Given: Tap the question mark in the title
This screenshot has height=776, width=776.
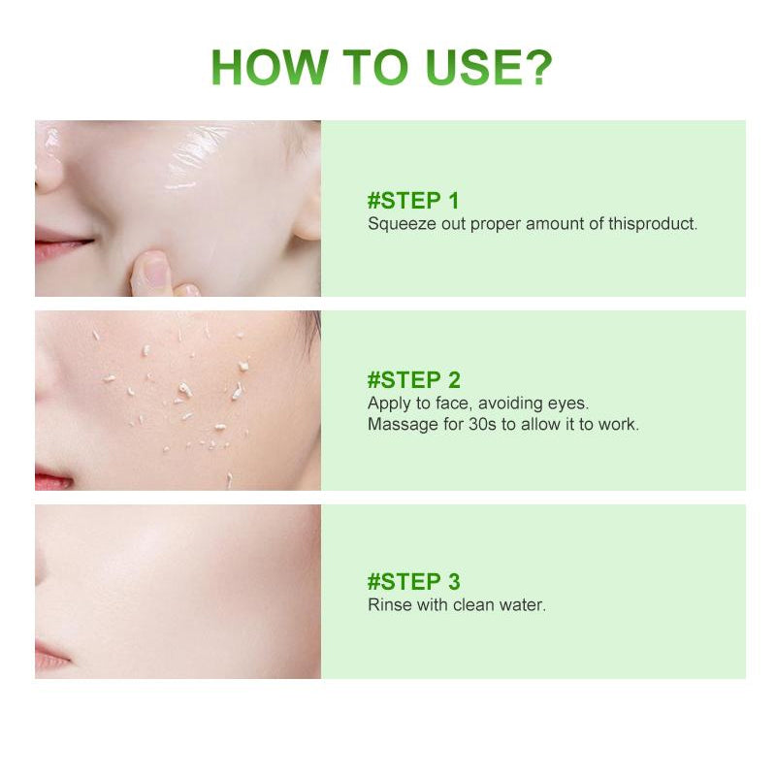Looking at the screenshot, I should [534, 68].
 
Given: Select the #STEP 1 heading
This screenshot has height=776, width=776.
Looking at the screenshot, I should [413, 201].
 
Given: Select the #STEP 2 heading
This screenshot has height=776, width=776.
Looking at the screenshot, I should [414, 379].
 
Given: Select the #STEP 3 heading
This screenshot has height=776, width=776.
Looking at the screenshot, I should [414, 582].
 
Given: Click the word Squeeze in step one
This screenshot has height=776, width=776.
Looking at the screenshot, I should [397, 224].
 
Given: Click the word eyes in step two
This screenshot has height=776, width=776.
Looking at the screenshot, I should [568, 403].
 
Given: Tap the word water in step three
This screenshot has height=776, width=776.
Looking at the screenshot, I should [525, 605].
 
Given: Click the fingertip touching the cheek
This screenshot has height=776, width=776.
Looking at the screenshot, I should [149, 267].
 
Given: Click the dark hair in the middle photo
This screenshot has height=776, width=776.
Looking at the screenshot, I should [310, 330].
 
